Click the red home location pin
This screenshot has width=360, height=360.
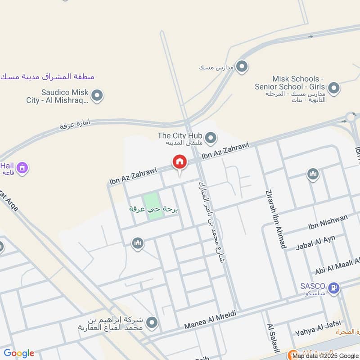[x=179, y=162]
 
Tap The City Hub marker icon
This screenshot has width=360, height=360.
[x=210, y=137]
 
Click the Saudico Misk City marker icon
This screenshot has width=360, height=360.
[x=97, y=95]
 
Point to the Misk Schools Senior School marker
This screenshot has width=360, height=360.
[x=333, y=88]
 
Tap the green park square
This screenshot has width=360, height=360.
[x=153, y=206]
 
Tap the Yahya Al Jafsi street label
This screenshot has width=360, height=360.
[x=318, y=328]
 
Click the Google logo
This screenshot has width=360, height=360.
[x=19, y=353]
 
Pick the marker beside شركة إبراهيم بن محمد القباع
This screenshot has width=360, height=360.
[x=152, y=323]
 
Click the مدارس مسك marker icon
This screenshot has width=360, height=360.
[x=242, y=67]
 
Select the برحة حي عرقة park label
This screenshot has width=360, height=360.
[x=154, y=209]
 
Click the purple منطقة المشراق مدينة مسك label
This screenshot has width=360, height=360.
[x=48, y=76]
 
